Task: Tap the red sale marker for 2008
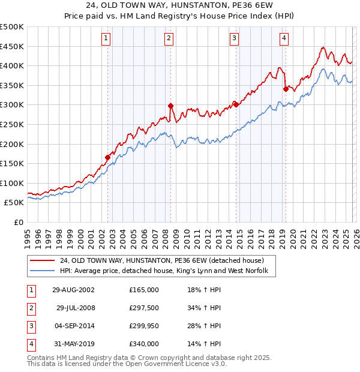171,106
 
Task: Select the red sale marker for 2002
108,158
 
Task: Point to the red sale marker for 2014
236,104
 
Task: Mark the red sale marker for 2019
286,89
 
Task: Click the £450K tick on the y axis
12,46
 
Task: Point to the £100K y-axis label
12,183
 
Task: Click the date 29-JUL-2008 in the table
75,308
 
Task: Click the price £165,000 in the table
144,290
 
